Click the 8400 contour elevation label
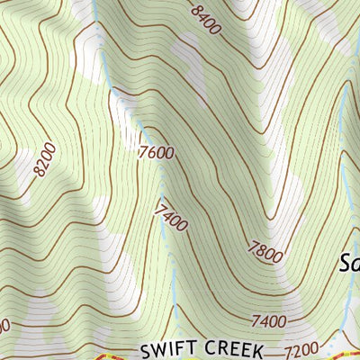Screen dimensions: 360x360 [204, 19]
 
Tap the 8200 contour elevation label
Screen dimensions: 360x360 [43, 158]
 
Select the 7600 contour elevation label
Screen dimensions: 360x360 [156, 153]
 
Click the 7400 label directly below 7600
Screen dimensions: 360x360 [170, 217]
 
